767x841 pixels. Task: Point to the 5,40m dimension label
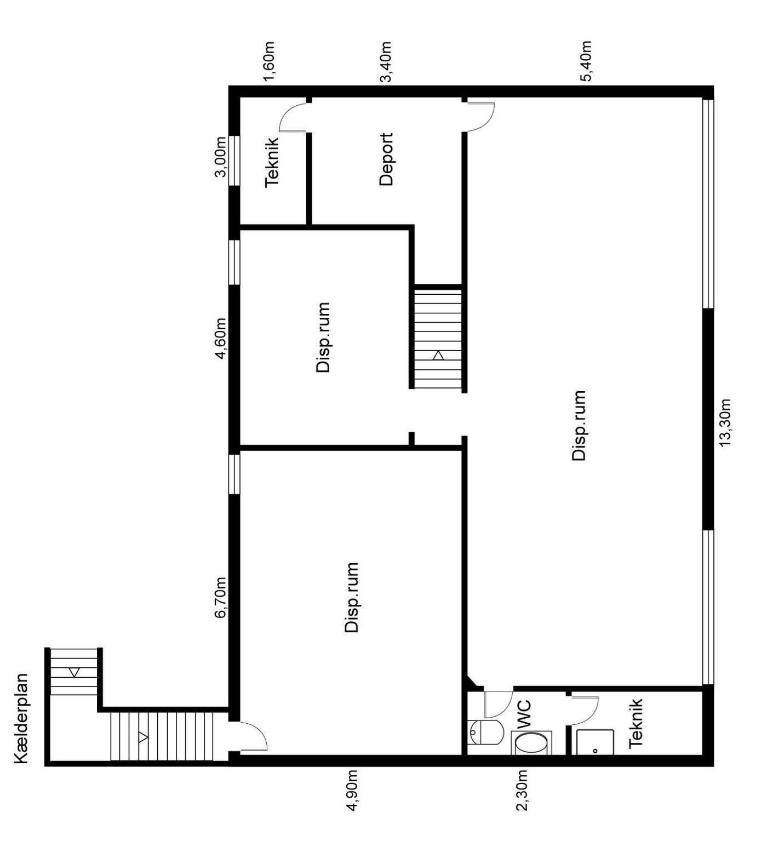586,61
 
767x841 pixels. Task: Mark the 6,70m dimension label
220,597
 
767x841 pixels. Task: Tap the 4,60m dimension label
220,338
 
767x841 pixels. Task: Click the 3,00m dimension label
220,157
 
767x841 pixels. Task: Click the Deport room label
386,159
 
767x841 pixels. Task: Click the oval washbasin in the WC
531,743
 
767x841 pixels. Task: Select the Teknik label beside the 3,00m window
272,162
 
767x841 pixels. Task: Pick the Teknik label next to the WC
636,723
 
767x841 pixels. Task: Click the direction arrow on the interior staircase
438,356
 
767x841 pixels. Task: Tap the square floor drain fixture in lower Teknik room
594,742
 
